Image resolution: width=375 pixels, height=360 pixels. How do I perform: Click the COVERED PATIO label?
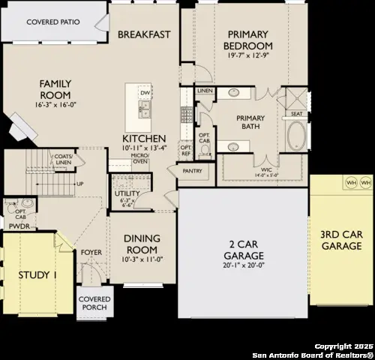click(x=53, y=22)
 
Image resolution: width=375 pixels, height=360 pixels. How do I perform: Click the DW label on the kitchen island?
click(x=145, y=93)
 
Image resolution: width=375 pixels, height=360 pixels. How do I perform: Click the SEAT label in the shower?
click(x=296, y=114)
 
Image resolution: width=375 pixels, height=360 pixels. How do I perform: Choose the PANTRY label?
click(x=192, y=171)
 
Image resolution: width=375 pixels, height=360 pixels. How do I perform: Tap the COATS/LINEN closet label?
click(x=63, y=159)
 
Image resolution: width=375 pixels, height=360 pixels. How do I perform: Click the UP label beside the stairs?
click(x=79, y=184)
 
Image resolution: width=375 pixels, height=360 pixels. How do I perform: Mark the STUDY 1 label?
click(x=37, y=275)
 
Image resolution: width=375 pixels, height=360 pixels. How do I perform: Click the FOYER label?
click(x=91, y=253)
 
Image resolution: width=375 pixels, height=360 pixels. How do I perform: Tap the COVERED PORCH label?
click(x=94, y=303)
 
